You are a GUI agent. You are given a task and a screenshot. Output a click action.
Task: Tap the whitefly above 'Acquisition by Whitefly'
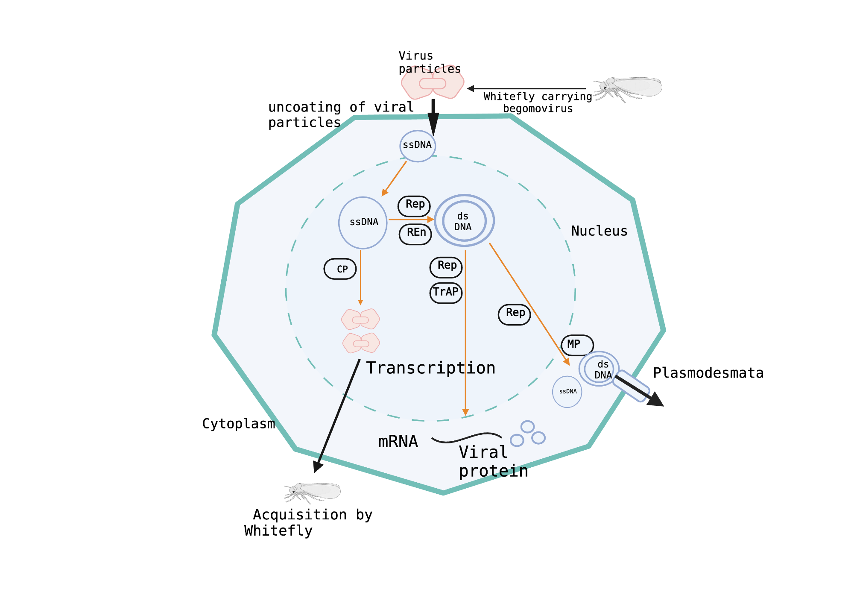(x=313, y=492)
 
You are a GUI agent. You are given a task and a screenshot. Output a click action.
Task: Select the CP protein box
(x=340, y=269)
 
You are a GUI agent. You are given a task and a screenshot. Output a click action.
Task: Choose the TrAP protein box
(x=446, y=293)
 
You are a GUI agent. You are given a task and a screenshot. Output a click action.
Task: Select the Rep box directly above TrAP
(x=446, y=267)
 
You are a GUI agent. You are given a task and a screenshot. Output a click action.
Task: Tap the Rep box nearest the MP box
(x=515, y=314)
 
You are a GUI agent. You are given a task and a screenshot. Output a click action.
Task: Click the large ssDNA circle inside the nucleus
(x=363, y=223)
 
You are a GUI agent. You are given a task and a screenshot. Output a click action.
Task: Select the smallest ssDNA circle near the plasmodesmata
(x=567, y=392)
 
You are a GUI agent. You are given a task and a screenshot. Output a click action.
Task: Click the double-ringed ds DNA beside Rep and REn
(x=464, y=221)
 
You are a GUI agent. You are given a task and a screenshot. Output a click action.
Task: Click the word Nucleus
(x=599, y=231)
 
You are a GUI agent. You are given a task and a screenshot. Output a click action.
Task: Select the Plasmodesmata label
(x=708, y=373)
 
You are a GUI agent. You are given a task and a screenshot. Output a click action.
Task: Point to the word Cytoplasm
(x=238, y=424)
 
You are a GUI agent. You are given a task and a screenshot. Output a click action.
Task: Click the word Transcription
(x=430, y=368)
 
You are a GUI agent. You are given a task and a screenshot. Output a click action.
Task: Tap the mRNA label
(x=398, y=442)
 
